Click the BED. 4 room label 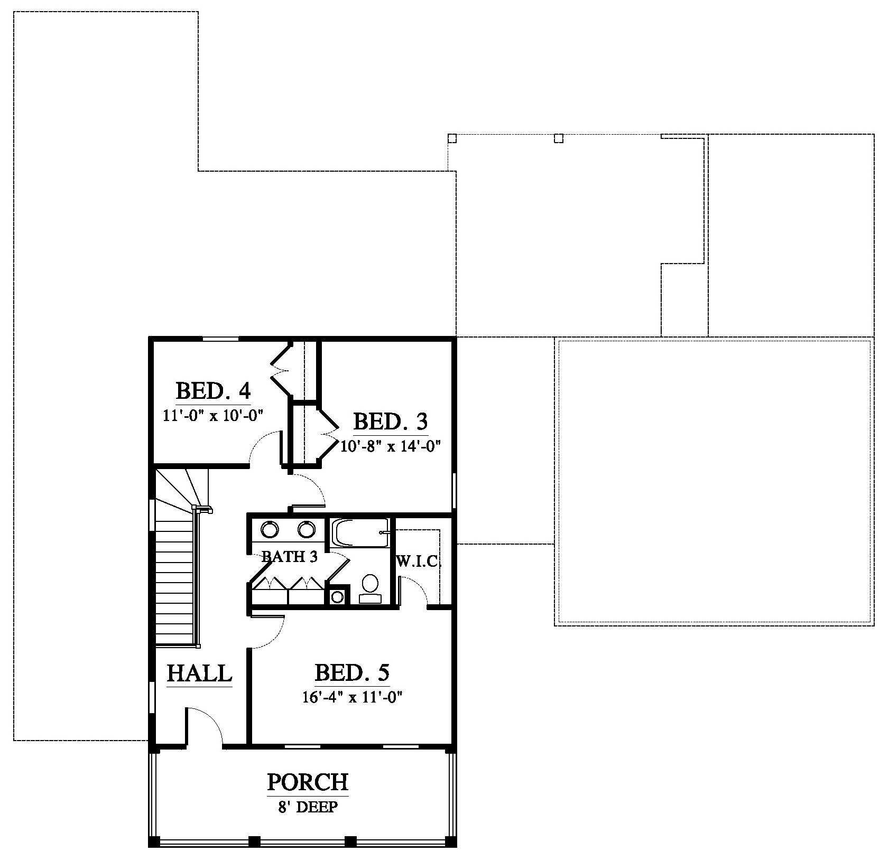(x=213, y=391)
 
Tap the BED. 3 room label (x=390, y=422)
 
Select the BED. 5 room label (x=352, y=672)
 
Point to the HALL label (x=199, y=673)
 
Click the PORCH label (x=308, y=782)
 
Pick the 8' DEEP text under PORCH (x=307, y=807)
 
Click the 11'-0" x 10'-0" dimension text (x=213, y=415)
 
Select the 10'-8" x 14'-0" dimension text (x=391, y=446)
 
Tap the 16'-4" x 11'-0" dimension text (x=352, y=697)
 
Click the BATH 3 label (x=290, y=556)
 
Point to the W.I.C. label (x=419, y=561)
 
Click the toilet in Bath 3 (x=370, y=588)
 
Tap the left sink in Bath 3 (x=270, y=529)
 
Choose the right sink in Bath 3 (x=307, y=529)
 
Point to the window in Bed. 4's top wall (x=221, y=339)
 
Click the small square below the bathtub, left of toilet (x=337, y=597)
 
